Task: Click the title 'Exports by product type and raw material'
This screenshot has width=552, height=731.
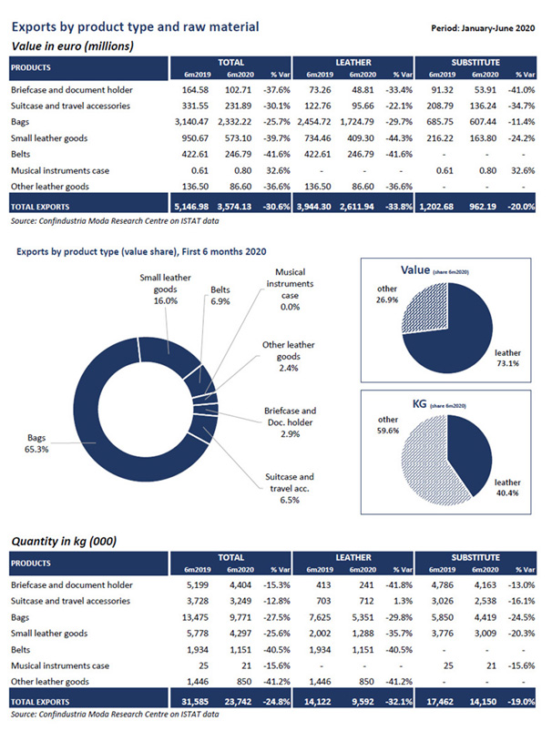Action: tap(134, 27)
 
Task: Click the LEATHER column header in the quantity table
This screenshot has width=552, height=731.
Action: tap(354, 555)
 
